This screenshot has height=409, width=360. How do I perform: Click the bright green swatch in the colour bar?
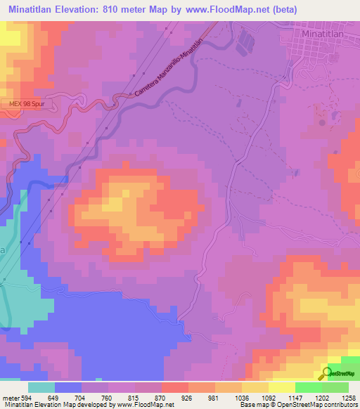pos(308,388)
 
